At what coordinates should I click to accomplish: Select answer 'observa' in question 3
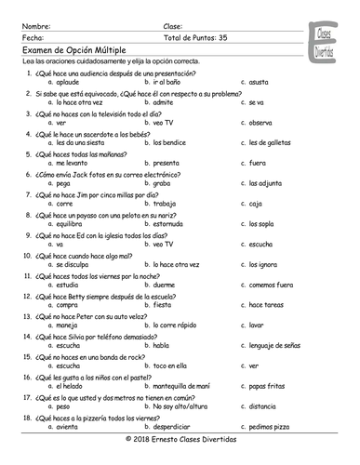[260, 122]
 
